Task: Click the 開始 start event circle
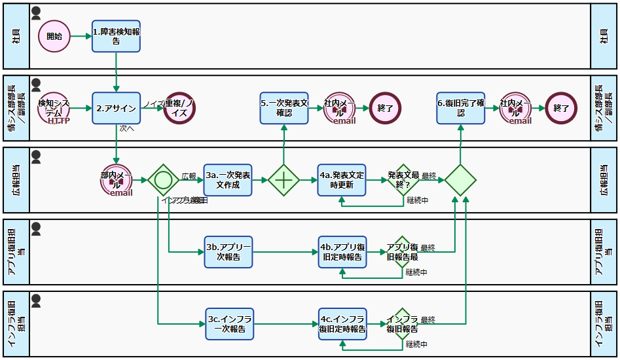pyautogui.click(x=54, y=36)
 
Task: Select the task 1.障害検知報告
pyautogui.click(x=116, y=36)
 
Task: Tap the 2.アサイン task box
pyautogui.click(x=116, y=108)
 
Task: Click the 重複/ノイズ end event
pyautogui.click(x=180, y=108)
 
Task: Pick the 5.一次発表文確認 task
pyautogui.click(x=284, y=108)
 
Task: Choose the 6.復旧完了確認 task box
pyautogui.click(x=461, y=108)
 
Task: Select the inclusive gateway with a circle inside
pyautogui.click(x=163, y=179)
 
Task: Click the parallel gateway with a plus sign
pyautogui.click(x=284, y=179)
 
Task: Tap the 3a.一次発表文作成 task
pyautogui.click(x=228, y=179)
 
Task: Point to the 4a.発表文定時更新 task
pyautogui.click(x=342, y=179)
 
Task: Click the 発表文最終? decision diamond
pyautogui.click(x=402, y=179)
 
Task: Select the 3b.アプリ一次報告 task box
pyautogui.click(x=228, y=251)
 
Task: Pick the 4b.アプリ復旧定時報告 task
pyautogui.click(x=342, y=251)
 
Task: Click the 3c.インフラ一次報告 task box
pyautogui.click(x=228, y=323)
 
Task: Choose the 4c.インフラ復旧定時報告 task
pyautogui.click(x=342, y=323)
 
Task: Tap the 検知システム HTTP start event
pyautogui.click(x=54, y=108)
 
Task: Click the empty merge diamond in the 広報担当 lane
pyautogui.click(x=461, y=179)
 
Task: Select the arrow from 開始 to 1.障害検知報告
pyautogui.click(x=81, y=36)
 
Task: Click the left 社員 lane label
pyautogui.click(x=16, y=36)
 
